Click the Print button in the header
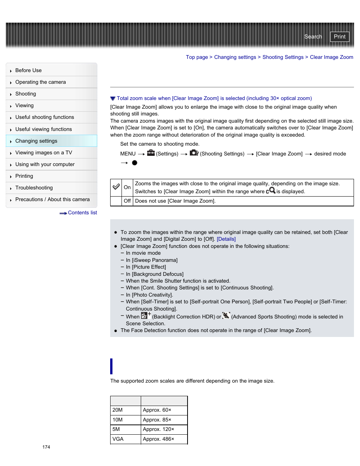[x=339, y=37]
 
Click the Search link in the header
[x=313, y=37]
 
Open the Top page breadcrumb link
[x=197, y=57]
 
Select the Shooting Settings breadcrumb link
[x=283, y=57]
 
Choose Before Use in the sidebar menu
[x=28, y=71]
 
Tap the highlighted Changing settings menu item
[x=36, y=141]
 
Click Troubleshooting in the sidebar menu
[x=34, y=188]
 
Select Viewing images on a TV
[x=43, y=153]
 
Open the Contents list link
[x=82, y=213]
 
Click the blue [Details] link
[x=226, y=239]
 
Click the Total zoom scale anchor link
[x=214, y=98]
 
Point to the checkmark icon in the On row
[x=116, y=187]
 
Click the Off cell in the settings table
[x=127, y=201]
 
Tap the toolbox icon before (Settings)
[x=151, y=153]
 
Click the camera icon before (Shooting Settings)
[x=194, y=153]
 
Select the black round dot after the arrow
[x=135, y=163]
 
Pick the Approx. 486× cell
[x=158, y=439]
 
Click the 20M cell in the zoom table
[x=118, y=410]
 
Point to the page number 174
[x=46, y=447]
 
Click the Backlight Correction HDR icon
[x=146, y=316]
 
